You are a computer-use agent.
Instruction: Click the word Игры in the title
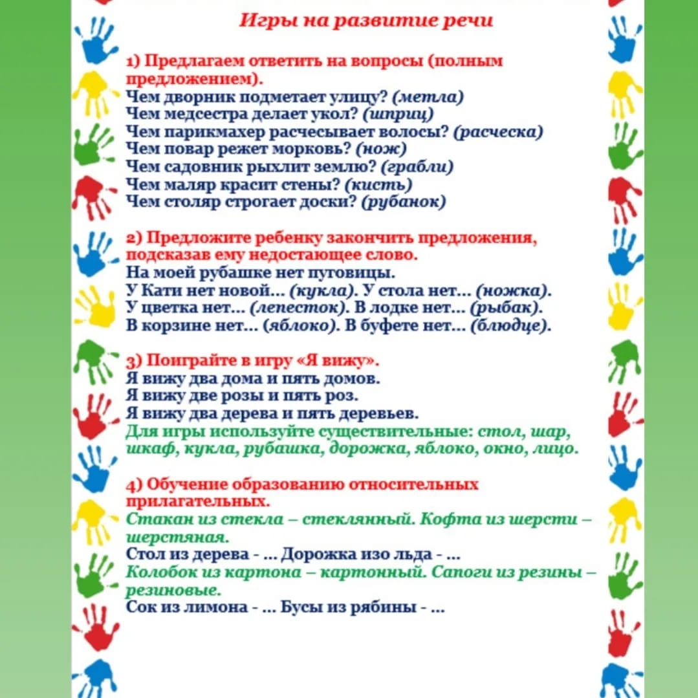coord(259,20)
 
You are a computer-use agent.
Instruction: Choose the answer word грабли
coord(417,167)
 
